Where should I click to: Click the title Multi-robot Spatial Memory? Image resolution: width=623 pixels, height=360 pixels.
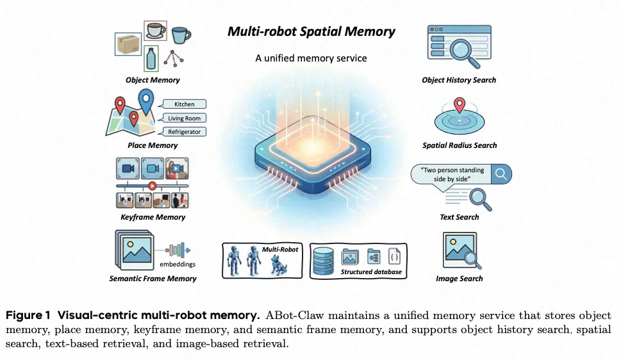311,31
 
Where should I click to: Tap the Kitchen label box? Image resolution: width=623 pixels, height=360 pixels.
185,104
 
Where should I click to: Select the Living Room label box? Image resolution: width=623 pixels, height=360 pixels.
185,118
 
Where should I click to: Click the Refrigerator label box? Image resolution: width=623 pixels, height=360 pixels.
185,132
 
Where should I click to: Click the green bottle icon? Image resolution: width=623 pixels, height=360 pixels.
151,58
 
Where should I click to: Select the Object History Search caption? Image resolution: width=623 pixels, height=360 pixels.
459,80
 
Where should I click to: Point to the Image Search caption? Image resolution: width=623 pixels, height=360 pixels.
459,279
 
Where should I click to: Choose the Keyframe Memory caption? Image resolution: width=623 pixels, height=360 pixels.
153,217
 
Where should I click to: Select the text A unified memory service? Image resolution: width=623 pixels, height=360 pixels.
311,58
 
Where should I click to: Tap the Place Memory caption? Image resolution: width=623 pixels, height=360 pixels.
153,145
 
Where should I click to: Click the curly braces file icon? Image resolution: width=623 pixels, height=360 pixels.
395,257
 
